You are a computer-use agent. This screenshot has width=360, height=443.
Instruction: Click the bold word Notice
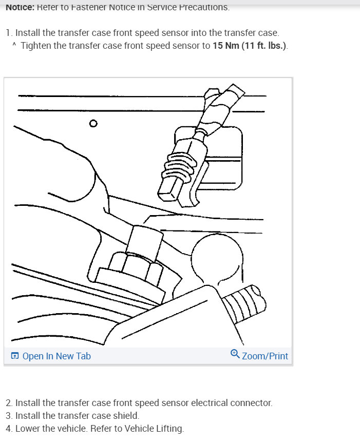pyautogui.click(x=20, y=7)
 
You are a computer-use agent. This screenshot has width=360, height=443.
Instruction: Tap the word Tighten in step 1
pyautogui.click(x=36, y=46)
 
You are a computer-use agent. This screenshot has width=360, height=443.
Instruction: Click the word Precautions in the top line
pyautogui.click(x=204, y=7)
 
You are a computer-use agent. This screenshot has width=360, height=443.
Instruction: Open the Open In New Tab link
pyautogui.click(x=56, y=356)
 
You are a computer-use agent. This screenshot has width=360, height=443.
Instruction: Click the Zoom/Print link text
pyautogui.click(x=265, y=356)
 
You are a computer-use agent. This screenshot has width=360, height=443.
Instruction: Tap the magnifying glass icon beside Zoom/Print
pyautogui.click(x=235, y=354)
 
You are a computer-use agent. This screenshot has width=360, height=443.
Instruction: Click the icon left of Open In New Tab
pyautogui.click(x=14, y=356)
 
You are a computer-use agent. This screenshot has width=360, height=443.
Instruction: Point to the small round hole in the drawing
pyautogui.click(x=93, y=123)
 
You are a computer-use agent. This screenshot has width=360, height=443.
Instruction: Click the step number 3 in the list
pyautogui.click(x=8, y=416)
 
